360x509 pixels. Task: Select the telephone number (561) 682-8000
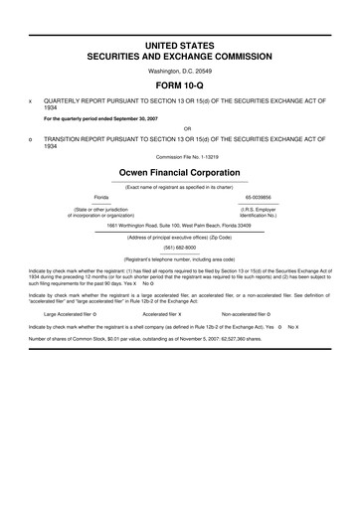click(180, 247)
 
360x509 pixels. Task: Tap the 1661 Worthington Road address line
click(180, 225)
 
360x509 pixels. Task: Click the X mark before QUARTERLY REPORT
click(32, 101)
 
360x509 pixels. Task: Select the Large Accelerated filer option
click(63, 313)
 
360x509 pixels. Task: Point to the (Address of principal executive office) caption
click(180, 237)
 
